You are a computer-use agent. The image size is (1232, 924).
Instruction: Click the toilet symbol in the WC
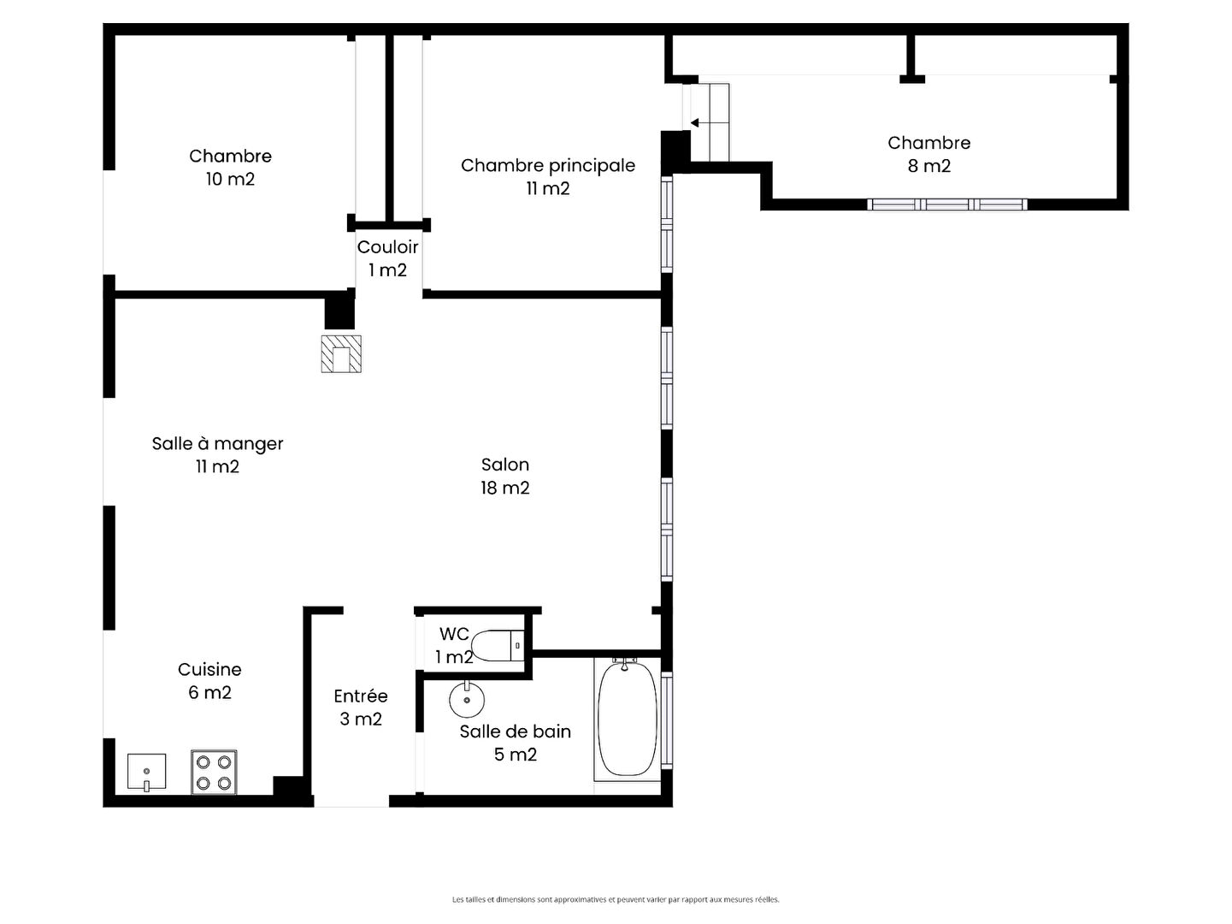click(497, 645)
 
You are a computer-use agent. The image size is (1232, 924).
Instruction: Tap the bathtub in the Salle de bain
click(627, 719)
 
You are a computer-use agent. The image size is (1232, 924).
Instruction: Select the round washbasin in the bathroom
click(467, 699)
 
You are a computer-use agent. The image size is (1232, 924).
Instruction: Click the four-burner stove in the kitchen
click(213, 772)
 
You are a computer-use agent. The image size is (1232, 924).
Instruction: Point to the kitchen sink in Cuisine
click(146, 772)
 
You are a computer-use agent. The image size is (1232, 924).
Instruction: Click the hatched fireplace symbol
click(340, 354)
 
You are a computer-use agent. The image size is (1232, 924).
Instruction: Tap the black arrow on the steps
click(694, 123)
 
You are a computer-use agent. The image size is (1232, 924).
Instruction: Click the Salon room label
click(505, 465)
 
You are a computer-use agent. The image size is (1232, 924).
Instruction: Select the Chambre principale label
click(548, 166)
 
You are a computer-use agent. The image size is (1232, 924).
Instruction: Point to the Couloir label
click(387, 246)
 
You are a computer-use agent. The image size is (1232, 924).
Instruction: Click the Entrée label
click(360, 696)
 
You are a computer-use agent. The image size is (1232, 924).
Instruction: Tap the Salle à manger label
click(217, 444)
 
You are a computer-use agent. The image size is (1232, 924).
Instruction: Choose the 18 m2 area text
click(505, 488)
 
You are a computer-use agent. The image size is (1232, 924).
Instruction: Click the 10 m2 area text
click(230, 179)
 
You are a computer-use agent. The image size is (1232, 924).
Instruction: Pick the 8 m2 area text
click(928, 166)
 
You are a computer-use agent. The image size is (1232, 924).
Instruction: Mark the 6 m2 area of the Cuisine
click(209, 693)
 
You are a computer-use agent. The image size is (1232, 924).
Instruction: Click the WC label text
click(454, 634)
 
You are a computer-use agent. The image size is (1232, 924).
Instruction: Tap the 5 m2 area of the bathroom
click(516, 755)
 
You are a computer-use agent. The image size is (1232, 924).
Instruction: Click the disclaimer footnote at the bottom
click(616, 899)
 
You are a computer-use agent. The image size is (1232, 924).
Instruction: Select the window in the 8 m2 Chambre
click(947, 204)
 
